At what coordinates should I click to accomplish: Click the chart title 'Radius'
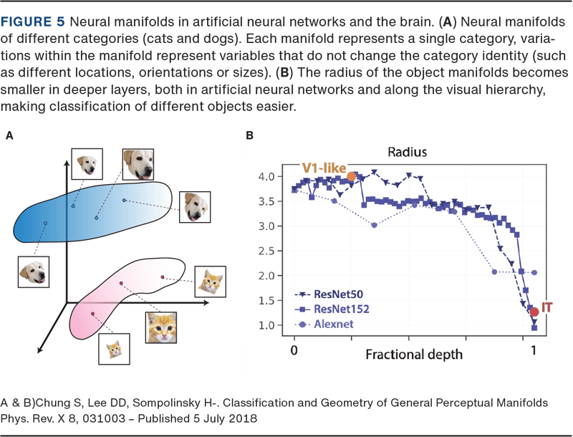[408, 152]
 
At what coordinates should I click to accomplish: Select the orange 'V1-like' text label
[322, 168]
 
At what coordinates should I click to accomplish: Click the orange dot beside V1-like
[351, 176]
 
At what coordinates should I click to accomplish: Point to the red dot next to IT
[534, 312]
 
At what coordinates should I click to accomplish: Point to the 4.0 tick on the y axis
[266, 176]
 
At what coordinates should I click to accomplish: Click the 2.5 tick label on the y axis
[266, 251]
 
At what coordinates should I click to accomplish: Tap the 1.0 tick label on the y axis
[266, 325]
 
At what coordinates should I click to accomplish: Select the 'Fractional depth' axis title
[414, 354]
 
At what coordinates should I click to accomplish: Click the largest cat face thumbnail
[162, 328]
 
